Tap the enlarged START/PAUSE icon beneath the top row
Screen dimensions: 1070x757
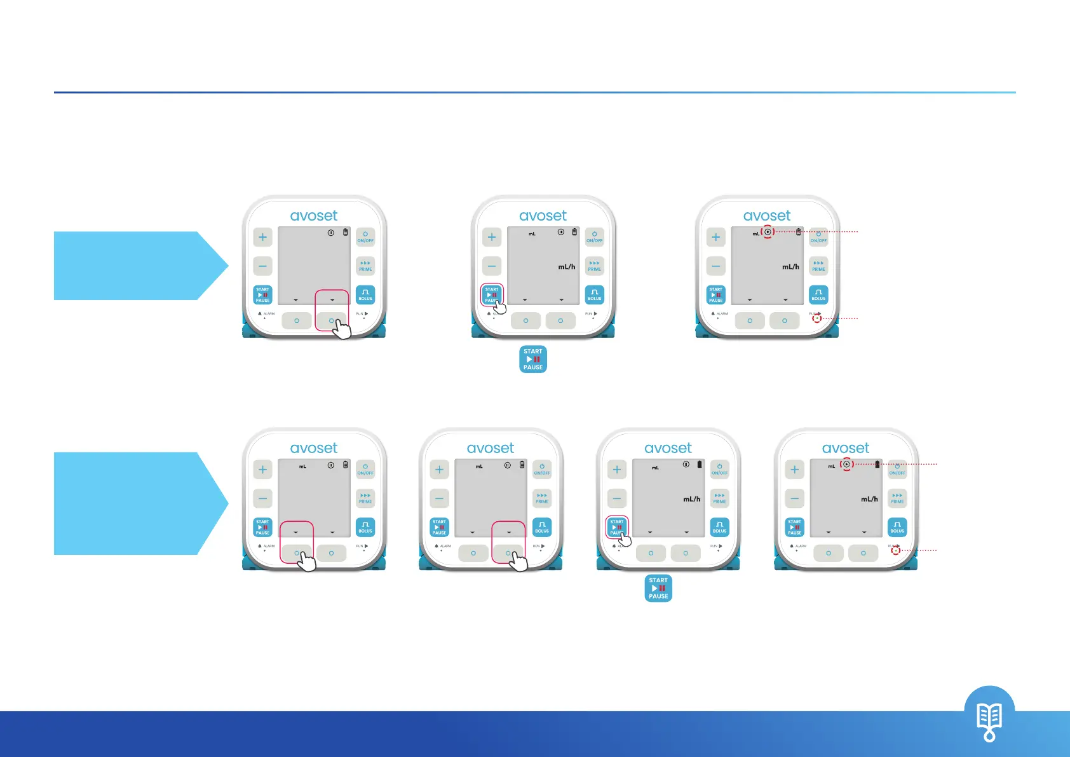tap(533, 359)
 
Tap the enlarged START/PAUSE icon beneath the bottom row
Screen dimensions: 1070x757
tap(658, 589)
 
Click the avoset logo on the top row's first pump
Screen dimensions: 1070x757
tap(314, 216)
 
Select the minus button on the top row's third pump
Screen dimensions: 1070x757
tap(715, 266)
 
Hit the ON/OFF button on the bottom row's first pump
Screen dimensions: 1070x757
tap(365, 470)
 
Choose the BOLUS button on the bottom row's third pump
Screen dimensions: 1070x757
tap(719, 527)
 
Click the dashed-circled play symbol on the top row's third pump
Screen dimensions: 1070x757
tap(768, 232)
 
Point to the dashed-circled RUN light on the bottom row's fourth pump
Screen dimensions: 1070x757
tap(895, 550)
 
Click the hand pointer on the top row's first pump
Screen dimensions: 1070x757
tap(342, 329)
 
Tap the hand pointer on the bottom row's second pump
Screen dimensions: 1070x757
tap(518, 561)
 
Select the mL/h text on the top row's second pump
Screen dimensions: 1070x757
tap(567, 267)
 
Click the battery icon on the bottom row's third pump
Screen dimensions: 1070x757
tap(700, 465)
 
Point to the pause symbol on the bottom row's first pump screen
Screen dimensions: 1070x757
tap(330, 465)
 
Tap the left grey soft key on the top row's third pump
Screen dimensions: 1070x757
tap(750, 321)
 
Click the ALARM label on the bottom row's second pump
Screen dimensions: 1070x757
tap(445, 546)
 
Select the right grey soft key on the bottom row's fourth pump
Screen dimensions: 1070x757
tap(863, 553)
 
